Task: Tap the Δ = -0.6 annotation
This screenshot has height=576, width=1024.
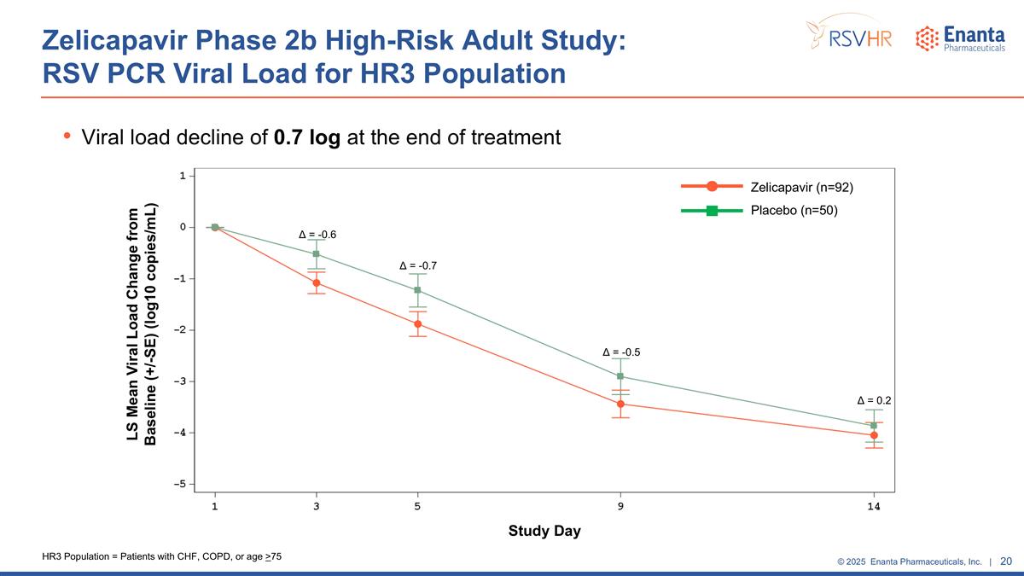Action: [317, 235]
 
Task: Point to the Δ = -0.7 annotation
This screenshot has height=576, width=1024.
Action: [418, 266]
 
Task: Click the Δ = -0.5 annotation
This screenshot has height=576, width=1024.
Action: [621, 352]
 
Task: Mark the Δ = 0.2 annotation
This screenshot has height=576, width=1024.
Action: [874, 399]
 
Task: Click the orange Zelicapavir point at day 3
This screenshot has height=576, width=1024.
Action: [317, 282]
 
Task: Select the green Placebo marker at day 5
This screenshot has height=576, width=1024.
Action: [417, 290]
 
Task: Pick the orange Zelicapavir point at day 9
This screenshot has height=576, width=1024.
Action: [620, 404]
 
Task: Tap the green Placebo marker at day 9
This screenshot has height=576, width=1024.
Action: [620, 376]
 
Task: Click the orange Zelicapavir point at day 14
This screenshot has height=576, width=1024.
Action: [874, 435]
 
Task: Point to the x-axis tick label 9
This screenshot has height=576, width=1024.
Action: [620, 506]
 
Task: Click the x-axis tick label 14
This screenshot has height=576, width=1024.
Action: [874, 506]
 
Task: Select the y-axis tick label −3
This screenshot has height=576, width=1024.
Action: [182, 381]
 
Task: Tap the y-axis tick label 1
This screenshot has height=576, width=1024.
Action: [183, 176]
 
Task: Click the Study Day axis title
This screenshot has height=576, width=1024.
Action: [544, 531]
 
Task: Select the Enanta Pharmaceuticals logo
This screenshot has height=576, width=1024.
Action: [960, 38]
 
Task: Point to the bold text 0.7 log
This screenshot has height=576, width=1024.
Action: [307, 137]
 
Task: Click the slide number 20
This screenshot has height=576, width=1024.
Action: [1005, 561]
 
